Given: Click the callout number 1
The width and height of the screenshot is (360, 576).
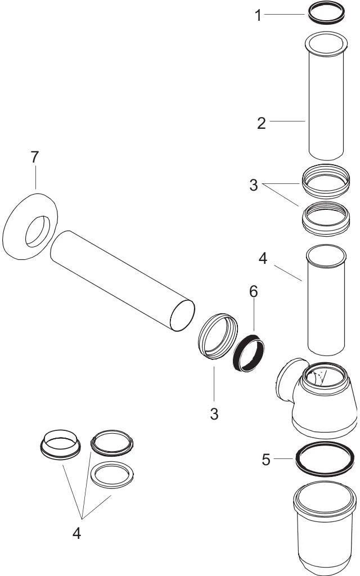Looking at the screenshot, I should [x=258, y=15].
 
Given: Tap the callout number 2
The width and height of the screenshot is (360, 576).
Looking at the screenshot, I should [x=261, y=123].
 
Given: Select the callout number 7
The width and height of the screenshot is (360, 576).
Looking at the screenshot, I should [x=35, y=157].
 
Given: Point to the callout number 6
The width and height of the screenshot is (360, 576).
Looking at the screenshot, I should [x=253, y=291].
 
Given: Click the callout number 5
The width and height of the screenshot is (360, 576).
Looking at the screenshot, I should [x=266, y=460].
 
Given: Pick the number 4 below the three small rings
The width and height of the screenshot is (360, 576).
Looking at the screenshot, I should [x=76, y=533].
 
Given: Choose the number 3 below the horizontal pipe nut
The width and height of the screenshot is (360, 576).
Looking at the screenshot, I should [x=214, y=413].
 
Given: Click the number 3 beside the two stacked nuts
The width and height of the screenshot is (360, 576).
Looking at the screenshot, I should [x=254, y=185].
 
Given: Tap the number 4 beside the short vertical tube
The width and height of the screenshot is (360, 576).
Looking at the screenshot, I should [x=263, y=260].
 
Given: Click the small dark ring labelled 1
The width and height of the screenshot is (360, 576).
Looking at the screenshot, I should [x=326, y=12].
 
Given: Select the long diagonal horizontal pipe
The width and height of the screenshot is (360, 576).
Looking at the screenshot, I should [x=124, y=281].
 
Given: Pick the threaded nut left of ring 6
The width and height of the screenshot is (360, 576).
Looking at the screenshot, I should [x=216, y=337].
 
